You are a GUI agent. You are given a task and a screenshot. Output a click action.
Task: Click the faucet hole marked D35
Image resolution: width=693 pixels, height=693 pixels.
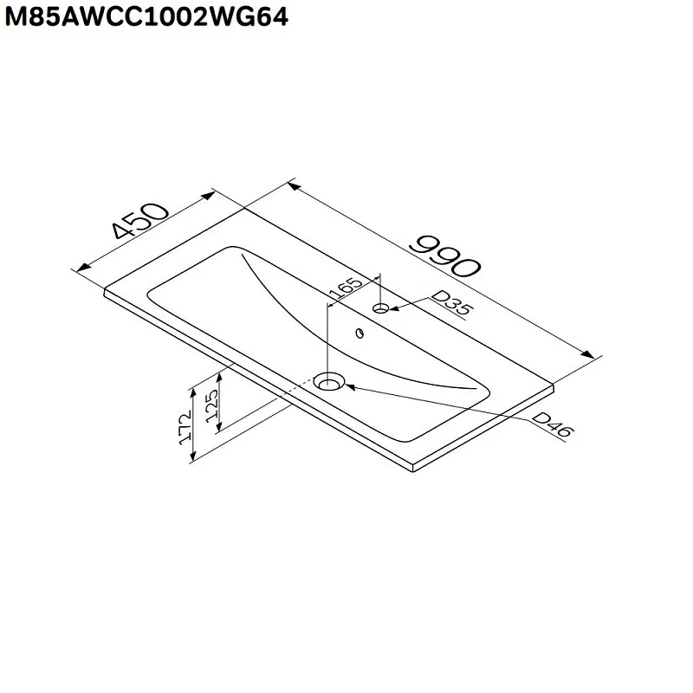click(381, 308)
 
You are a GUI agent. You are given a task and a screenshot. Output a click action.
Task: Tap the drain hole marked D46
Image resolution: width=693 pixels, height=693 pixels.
click(329, 381)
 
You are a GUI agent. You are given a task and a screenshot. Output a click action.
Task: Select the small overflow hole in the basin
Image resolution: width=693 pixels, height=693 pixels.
click(359, 332)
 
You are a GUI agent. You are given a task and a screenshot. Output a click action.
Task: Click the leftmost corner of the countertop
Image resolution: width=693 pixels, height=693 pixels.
click(104, 290)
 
